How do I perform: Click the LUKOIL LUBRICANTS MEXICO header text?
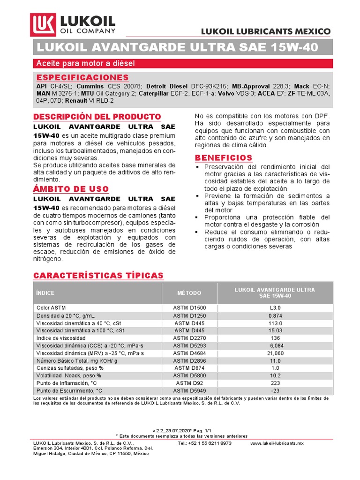pos(265,31)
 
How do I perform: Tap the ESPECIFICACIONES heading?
pos(82,77)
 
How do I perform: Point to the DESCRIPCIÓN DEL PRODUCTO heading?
pos(97,117)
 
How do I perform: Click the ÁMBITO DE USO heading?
pos(71,189)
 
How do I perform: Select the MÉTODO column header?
pos(189,293)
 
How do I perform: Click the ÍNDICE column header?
pos(45,293)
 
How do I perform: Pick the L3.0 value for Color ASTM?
pos(275,307)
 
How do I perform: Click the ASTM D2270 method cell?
pos(189,338)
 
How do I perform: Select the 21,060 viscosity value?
pos(275,353)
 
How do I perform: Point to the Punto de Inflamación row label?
pos(69,383)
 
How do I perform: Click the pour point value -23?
pos(275,390)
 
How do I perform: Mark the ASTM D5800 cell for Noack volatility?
pos(189,375)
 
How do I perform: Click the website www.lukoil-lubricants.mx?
pos(277,443)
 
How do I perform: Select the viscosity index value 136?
pos(275,338)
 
